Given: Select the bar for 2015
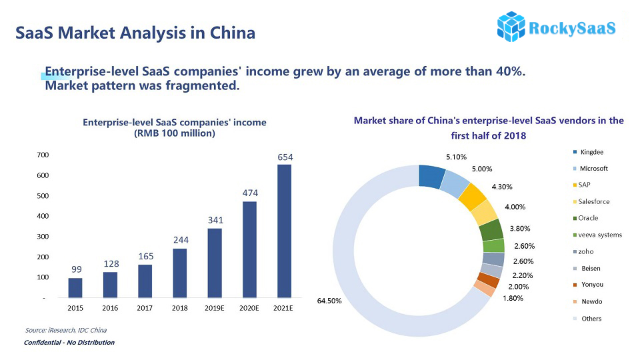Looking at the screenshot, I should pyautogui.click(x=76, y=287).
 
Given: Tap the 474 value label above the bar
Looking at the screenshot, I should pyautogui.click(x=250, y=193).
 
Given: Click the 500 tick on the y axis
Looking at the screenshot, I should pyautogui.click(x=42, y=196).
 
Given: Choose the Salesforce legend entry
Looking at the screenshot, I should pyautogui.click(x=594, y=201).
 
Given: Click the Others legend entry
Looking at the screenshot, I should pyautogui.click(x=591, y=319).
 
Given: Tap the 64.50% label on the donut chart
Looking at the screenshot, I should pyautogui.click(x=329, y=301).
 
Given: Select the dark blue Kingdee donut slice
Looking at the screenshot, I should pyautogui.click(x=431, y=176).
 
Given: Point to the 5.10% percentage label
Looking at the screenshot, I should pyautogui.click(x=457, y=157).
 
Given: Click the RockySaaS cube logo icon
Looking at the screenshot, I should pyautogui.click(x=511, y=26).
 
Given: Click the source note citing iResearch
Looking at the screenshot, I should pyautogui.click(x=66, y=330).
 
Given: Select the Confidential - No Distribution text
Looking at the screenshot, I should pyautogui.click(x=69, y=343).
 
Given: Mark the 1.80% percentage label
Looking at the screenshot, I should pyautogui.click(x=513, y=298).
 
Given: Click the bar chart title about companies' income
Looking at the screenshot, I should pyautogui.click(x=174, y=127).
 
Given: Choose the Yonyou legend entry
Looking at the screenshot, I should pyautogui.click(x=592, y=285).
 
